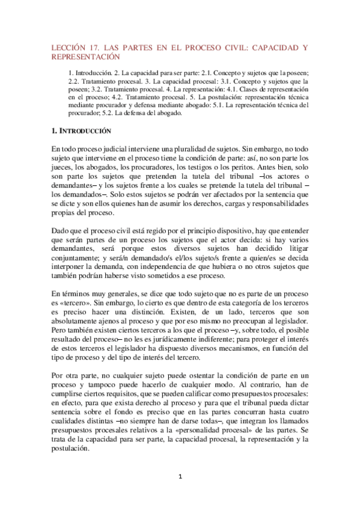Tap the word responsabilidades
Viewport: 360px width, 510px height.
[270, 204]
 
